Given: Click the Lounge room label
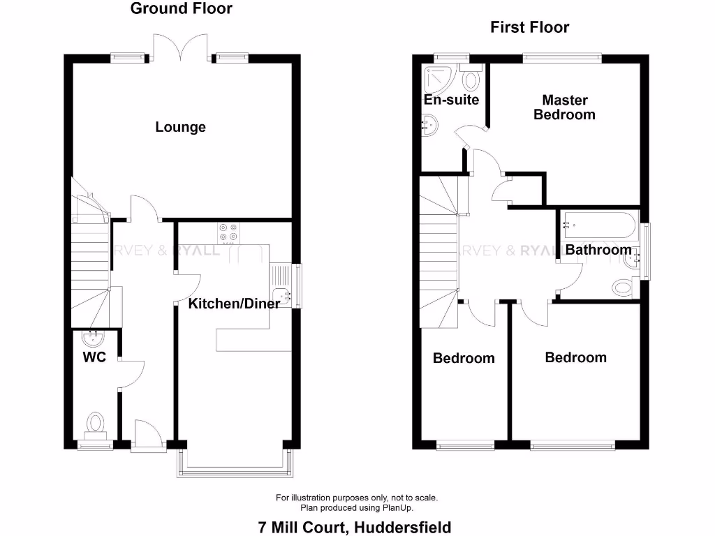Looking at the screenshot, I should (x=180, y=127).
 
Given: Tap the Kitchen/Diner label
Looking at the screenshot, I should (x=234, y=303).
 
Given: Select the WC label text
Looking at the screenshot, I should (x=94, y=357).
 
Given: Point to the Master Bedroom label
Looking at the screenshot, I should (x=564, y=107).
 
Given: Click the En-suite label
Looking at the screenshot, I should (x=452, y=100).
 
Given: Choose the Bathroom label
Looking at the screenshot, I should (x=598, y=249).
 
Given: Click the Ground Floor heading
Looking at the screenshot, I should (x=182, y=9).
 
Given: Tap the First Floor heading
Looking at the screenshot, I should (x=529, y=27).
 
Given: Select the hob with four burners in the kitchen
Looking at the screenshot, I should (x=228, y=232).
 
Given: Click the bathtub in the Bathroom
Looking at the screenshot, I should (x=599, y=225).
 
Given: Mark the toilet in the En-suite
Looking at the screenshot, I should (x=471, y=79).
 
